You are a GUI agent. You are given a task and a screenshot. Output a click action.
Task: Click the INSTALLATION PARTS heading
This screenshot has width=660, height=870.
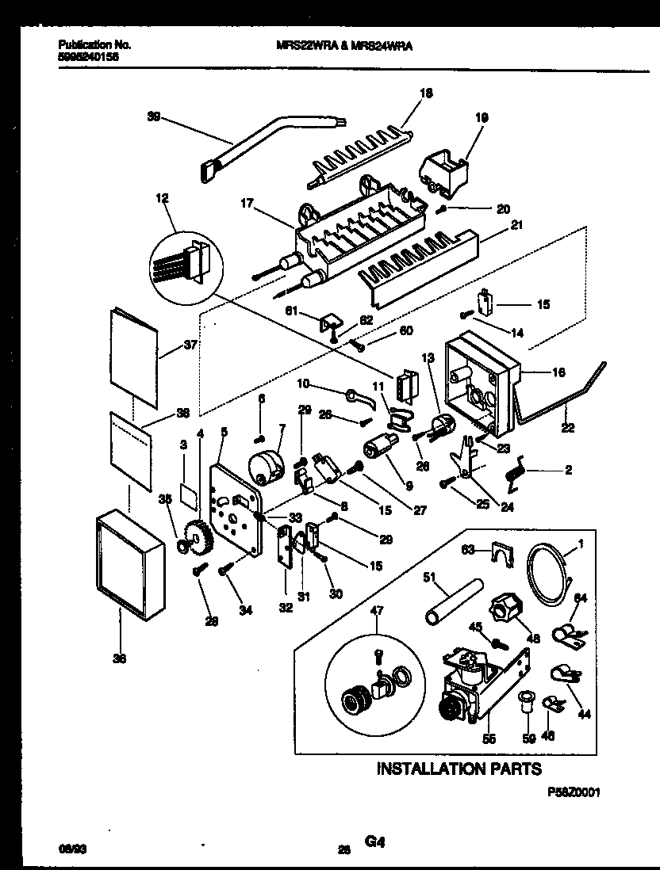click(459, 768)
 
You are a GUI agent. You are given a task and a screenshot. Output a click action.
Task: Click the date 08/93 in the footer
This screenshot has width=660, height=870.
click(72, 846)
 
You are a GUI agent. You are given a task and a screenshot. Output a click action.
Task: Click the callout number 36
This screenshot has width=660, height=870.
click(120, 658)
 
